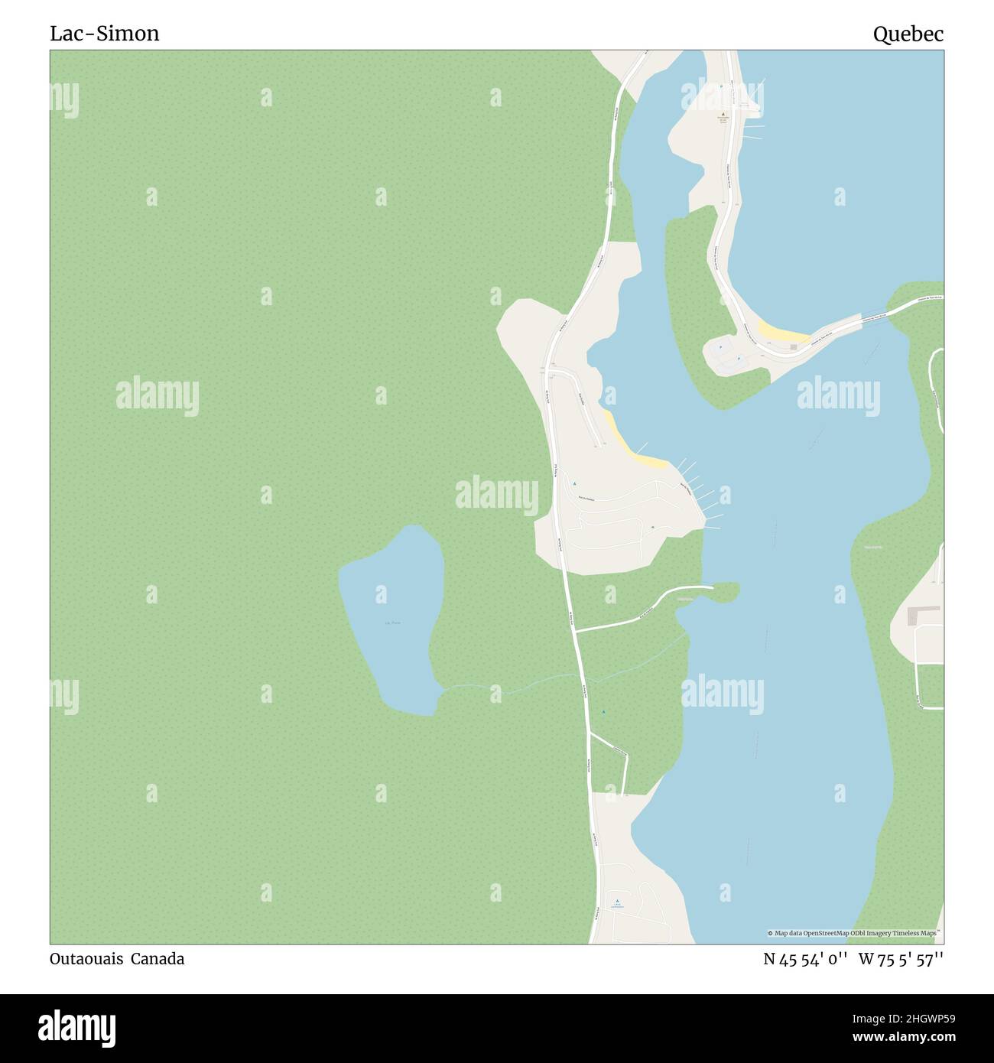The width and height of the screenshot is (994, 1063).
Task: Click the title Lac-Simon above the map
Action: (105, 34)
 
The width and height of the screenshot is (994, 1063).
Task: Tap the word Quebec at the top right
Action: (908, 34)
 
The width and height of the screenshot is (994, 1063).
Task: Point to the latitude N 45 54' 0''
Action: (804, 959)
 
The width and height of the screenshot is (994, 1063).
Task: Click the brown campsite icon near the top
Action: (723, 115)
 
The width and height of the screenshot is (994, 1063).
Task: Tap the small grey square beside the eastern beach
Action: (794, 346)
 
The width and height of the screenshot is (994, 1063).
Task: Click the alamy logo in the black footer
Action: (77, 1026)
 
